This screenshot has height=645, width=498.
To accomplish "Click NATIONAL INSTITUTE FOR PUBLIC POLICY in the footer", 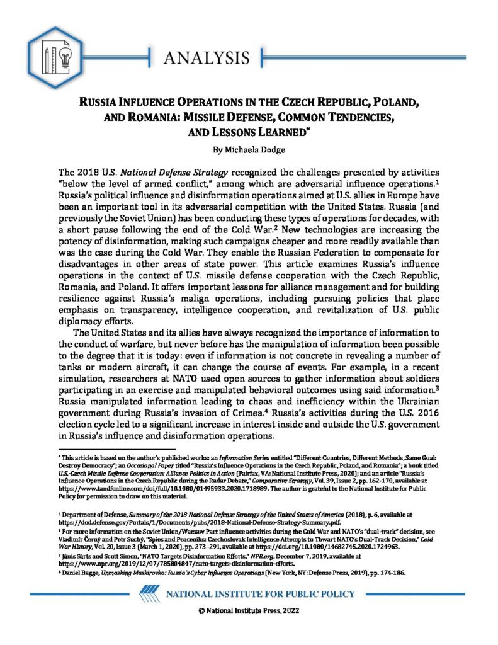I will pyautogui.click(x=260, y=594).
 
